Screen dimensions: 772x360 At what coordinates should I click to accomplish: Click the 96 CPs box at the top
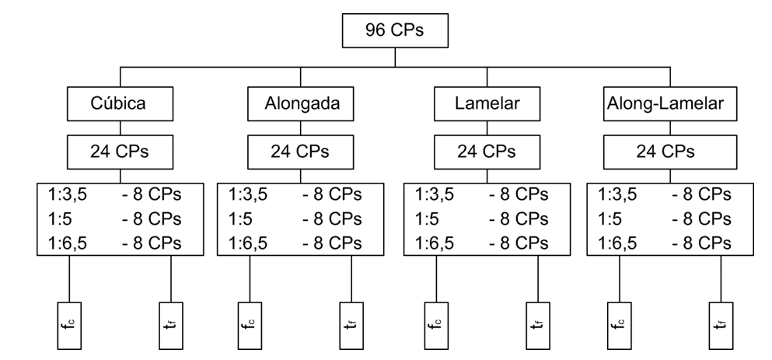(x=395, y=30)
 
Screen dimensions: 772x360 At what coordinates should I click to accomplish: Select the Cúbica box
(x=121, y=104)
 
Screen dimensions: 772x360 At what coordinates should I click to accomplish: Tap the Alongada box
(x=300, y=104)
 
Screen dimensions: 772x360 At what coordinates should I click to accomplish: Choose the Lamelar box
(x=487, y=104)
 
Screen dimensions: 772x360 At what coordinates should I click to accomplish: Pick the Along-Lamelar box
(x=670, y=104)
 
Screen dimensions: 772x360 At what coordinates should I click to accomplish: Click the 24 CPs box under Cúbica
(x=121, y=152)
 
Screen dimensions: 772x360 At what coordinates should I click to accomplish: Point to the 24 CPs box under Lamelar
(x=487, y=152)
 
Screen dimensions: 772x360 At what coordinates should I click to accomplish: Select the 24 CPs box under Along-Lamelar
(x=670, y=152)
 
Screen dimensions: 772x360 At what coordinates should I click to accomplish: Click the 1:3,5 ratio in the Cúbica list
(x=68, y=195)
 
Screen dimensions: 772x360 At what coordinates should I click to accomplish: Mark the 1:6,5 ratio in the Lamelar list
(x=435, y=243)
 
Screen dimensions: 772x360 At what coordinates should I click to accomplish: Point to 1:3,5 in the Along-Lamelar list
(x=617, y=195)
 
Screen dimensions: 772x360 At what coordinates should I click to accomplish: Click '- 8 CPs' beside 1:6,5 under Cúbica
(x=152, y=243)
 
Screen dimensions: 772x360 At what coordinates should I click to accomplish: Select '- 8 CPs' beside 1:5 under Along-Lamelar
(x=701, y=219)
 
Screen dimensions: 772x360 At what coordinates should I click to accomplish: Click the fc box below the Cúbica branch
(x=69, y=326)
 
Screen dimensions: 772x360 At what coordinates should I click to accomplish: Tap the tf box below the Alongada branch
(x=351, y=326)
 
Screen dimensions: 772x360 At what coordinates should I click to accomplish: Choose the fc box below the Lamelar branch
(x=436, y=326)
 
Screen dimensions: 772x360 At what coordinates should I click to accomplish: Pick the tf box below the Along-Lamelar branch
(x=721, y=326)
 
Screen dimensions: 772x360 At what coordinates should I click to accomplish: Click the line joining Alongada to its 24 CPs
(x=300, y=128)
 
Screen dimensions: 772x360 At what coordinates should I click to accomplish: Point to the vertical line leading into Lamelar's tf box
(x=538, y=278)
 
